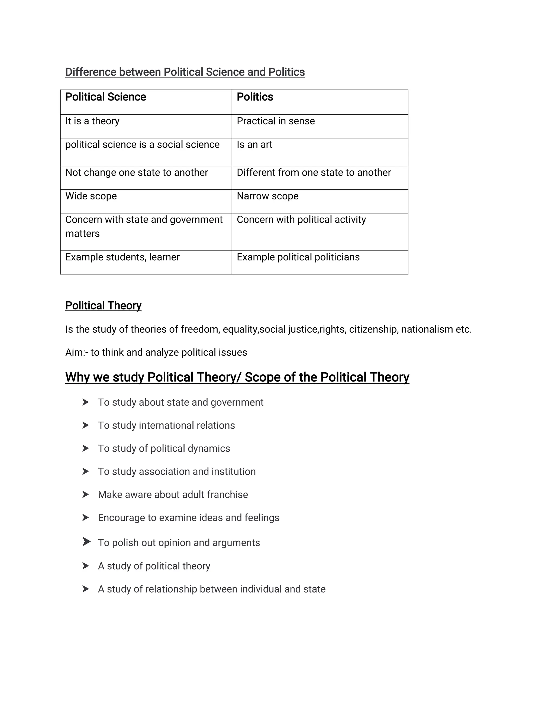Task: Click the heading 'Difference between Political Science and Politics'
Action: [x=185, y=72]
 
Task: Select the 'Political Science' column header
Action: [x=105, y=97]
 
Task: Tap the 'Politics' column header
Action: [x=255, y=97]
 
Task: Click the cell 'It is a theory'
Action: [x=92, y=121]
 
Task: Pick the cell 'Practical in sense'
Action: [x=276, y=121]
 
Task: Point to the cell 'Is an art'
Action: [x=254, y=145]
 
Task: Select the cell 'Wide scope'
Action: [x=91, y=196]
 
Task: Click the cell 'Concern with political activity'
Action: [x=301, y=220]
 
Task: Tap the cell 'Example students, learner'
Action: [x=122, y=257]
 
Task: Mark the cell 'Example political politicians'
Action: [x=298, y=257]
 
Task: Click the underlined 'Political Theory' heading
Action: [x=103, y=305]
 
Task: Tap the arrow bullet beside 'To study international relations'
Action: [x=85, y=425]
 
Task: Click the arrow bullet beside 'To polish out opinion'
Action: [x=86, y=542]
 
